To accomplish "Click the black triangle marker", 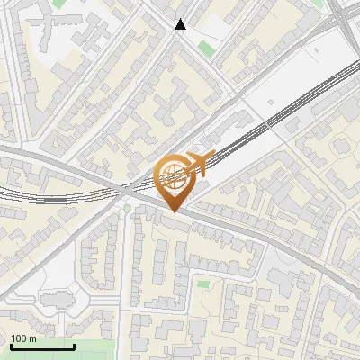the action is click(181, 24).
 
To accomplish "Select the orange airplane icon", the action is click(202, 161).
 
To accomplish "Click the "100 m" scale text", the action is click(23, 338).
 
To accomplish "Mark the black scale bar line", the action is click(42, 346).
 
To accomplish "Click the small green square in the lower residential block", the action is click(202, 284).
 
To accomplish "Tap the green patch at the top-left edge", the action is click(59, 4).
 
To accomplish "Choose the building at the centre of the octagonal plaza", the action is click(56, 301).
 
